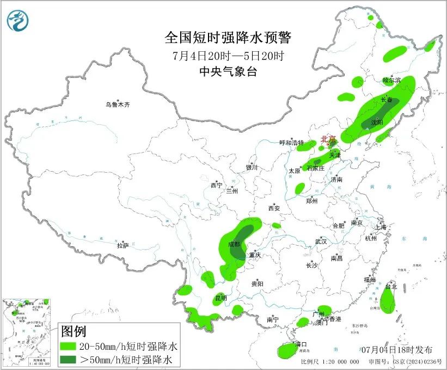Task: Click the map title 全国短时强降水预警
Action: click(228, 38)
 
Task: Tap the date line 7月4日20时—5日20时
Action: click(228, 56)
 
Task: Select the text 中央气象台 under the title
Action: click(228, 71)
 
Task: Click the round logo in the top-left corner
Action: click(17, 21)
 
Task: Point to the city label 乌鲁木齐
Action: click(118, 105)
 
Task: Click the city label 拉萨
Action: click(123, 245)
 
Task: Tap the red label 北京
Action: click(329, 139)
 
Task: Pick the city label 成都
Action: click(234, 244)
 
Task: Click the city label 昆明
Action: click(221, 298)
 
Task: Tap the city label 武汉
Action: click(321, 241)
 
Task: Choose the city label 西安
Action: click(273, 208)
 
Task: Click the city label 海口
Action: click(301, 344)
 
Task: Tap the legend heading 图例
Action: click(73, 331)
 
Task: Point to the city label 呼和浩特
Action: click(292, 143)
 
